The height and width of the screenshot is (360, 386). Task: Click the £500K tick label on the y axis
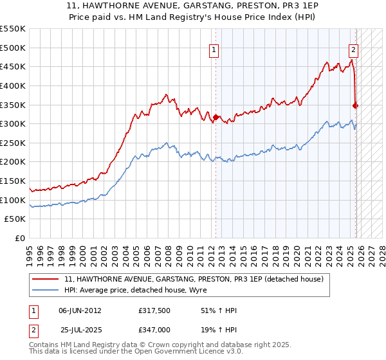point(13,48)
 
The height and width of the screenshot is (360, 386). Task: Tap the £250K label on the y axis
point(13,143)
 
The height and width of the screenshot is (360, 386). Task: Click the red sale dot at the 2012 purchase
point(216,117)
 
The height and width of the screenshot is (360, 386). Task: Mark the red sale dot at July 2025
point(356,105)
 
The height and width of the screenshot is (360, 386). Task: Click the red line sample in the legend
point(46,279)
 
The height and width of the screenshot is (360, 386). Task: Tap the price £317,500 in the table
point(152,310)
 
